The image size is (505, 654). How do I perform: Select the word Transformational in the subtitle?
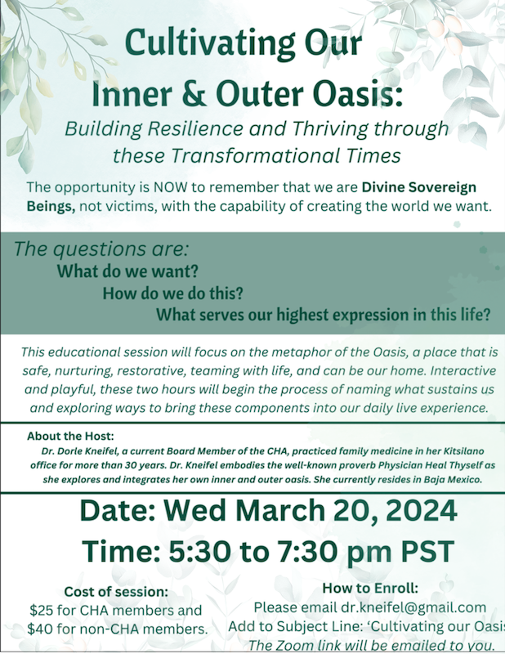coord(255,155)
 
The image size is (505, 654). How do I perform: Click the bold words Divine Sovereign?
coord(419,188)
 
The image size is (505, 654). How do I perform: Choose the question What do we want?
coord(127,271)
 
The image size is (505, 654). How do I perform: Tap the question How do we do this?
coord(172,293)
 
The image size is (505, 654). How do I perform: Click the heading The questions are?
coord(101,249)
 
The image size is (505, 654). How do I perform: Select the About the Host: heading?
coord(70,437)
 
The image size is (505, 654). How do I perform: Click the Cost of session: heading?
coord(116,592)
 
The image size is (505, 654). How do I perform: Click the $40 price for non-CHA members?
coord(41,629)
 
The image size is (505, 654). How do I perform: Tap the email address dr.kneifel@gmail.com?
coord(413,607)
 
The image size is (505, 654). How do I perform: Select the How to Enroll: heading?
coord(370,588)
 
